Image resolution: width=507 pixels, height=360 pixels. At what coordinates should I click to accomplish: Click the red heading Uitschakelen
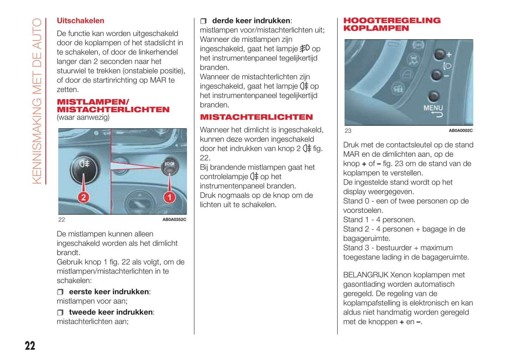coord(80,21)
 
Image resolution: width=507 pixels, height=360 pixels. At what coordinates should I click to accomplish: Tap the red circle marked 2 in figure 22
coord(84,197)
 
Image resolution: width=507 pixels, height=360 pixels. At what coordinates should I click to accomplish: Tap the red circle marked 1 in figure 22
coord(169,197)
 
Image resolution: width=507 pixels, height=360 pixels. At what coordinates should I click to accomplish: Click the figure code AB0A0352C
coord(174,220)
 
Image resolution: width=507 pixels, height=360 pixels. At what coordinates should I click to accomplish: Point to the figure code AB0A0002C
coord(460,131)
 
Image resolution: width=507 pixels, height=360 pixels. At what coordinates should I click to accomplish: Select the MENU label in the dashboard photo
coord(433,108)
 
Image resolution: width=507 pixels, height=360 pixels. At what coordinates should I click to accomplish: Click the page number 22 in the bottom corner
coord(30,346)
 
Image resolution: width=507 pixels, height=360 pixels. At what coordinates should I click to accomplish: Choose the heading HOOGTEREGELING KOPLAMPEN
coord(392,24)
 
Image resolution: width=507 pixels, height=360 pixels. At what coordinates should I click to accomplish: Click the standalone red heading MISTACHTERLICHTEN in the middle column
coord(256,117)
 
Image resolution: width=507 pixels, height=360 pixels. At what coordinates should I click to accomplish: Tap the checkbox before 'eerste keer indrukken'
coord(60,292)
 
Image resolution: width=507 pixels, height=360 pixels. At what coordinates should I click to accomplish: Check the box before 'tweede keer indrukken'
coord(60,312)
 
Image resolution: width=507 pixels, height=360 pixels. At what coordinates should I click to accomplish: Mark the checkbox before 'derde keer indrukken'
coord(204,21)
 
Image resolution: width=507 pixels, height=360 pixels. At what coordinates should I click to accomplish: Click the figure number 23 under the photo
coord(348,131)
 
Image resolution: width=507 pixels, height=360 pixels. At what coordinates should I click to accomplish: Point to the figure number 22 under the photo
coord(62,220)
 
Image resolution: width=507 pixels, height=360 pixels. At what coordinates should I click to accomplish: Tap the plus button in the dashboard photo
coord(439,54)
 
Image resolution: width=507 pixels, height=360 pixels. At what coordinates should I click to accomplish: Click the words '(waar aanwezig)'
coord(83,118)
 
